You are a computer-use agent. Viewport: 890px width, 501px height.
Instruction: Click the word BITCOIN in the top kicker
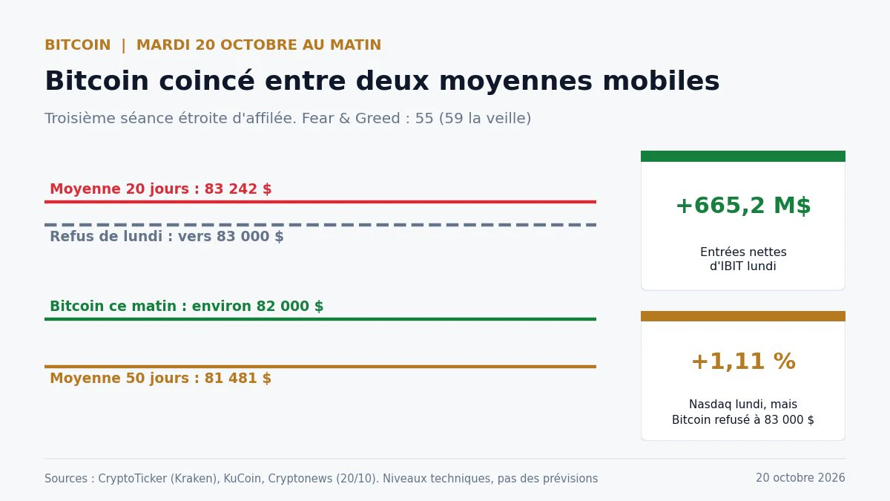pyautogui.click(x=77, y=45)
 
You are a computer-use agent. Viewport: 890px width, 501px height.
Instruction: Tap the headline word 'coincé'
pyautogui.click(x=207, y=81)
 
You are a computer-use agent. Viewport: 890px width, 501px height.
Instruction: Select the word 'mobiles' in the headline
pyautogui.click(x=661, y=81)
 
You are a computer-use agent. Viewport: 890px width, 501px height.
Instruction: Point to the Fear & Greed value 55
pyautogui.click(x=424, y=119)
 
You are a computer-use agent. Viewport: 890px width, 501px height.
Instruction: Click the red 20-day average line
pyautogui.click(x=320, y=202)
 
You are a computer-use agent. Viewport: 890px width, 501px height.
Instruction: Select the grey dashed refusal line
pyautogui.click(x=320, y=225)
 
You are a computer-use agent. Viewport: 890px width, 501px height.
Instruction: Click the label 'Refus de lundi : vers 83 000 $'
pyautogui.click(x=167, y=236)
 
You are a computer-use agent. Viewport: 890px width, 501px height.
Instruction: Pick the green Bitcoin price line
pyautogui.click(x=320, y=319)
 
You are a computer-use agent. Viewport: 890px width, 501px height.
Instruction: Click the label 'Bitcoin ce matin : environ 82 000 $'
pyautogui.click(x=187, y=306)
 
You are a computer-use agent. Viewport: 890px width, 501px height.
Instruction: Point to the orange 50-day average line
pyautogui.click(x=320, y=367)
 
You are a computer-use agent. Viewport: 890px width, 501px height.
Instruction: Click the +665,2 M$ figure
pyautogui.click(x=743, y=206)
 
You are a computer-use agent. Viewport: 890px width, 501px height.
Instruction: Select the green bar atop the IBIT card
pyautogui.click(x=743, y=157)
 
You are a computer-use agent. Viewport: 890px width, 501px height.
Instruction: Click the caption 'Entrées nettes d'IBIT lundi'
pyautogui.click(x=743, y=259)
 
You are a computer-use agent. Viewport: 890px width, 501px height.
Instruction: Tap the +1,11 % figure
pyautogui.click(x=743, y=361)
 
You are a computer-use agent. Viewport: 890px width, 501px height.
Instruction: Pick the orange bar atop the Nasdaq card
pyautogui.click(x=743, y=316)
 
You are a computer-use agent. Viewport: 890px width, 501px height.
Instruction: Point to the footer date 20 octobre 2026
pyautogui.click(x=800, y=477)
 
